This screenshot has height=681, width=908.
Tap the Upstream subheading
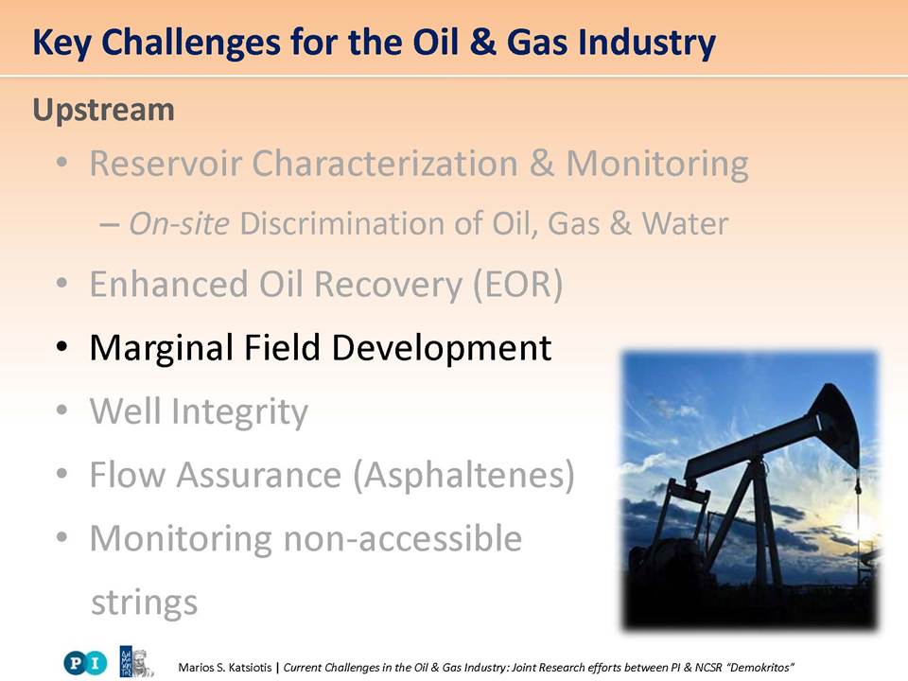(x=104, y=110)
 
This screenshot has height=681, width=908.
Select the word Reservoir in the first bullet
(x=166, y=163)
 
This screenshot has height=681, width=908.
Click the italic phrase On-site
(x=180, y=223)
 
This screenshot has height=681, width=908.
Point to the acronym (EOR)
(x=518, y=285)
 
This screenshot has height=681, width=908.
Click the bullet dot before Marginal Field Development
(x=61, y=347)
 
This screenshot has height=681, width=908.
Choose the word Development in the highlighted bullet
(x=442, y=349)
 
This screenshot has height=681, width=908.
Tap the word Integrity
(x=239, y=412)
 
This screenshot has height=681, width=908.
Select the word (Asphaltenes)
(x=464, y=476)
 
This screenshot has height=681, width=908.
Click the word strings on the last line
(x=144, y=602)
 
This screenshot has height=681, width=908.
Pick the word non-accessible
(x=403, y=538)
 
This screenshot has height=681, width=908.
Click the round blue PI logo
(x=86, y=662)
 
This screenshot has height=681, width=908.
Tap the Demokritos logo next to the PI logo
(x=136, y=662)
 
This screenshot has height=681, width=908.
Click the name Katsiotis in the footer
(x=250, y=668)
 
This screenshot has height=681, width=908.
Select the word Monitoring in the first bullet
(x=657, y=164)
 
